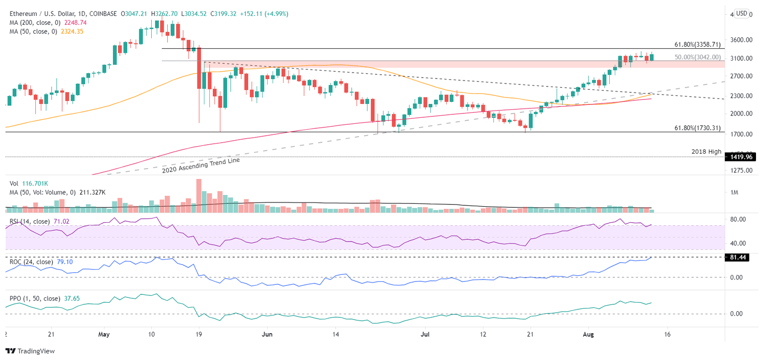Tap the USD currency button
tap(742, 13)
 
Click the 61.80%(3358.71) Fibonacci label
tap(697, 44)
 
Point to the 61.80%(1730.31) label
tap(697, 128)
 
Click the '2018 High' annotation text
tap(706, 151)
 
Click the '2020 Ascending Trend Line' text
tap(201, 165)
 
